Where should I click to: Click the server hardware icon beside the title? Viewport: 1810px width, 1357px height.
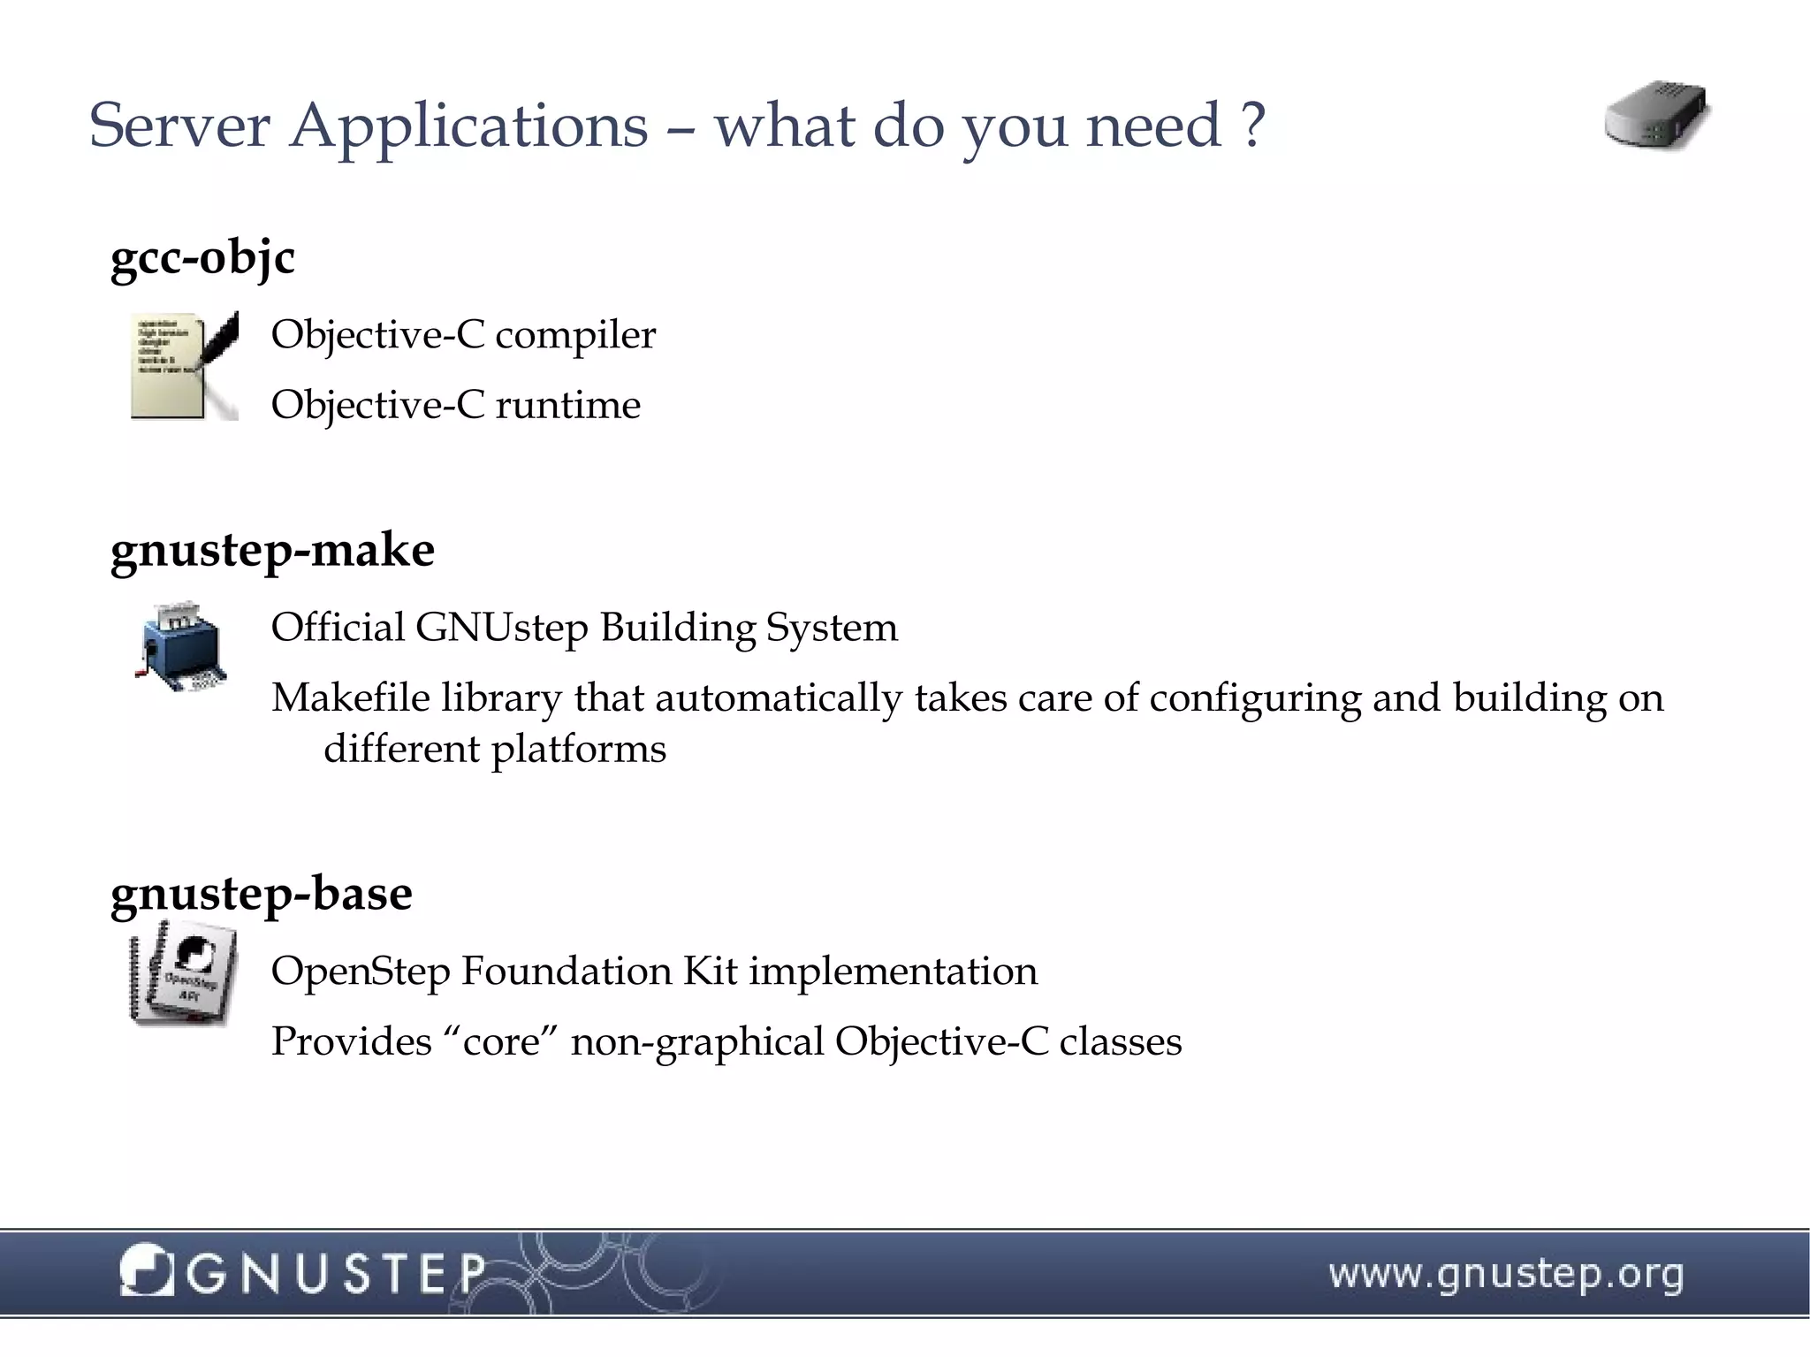coord(1656,117)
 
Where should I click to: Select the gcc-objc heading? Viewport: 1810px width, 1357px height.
coord(202,258)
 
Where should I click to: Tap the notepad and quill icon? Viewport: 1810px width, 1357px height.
coord(184,365)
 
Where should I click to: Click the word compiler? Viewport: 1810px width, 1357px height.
coord(575,335)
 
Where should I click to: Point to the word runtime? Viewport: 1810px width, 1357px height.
coord(567,406)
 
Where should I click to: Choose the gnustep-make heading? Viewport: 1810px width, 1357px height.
coord(272,551)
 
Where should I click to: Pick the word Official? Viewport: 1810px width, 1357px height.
coord(337,628)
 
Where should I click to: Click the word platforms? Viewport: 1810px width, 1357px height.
coord(578,750)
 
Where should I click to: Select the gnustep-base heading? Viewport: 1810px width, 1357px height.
coord(262,894)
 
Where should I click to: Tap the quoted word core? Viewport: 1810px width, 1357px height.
coord(501,1042)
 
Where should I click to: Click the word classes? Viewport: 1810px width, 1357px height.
coord(1120,1042)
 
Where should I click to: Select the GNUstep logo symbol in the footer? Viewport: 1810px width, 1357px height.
coord(145,1271)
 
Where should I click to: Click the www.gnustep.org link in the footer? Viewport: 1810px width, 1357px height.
coord(1506,1275)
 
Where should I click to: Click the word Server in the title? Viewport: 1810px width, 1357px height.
coord(179,126)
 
